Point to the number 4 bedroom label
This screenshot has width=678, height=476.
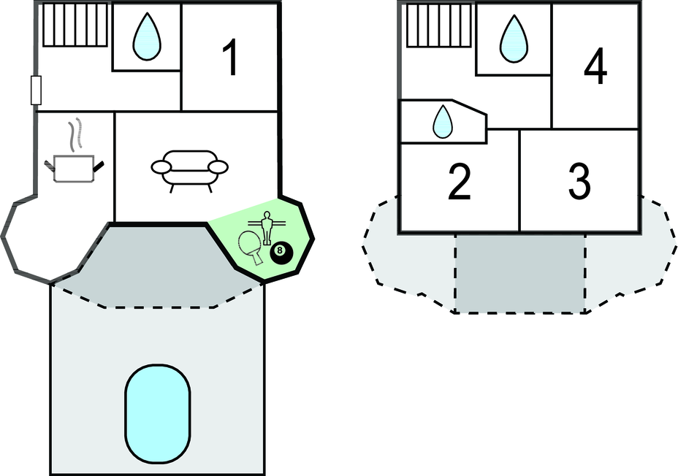click(595, 69)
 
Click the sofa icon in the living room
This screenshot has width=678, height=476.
click(189, 169)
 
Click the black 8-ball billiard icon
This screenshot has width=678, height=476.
click(281, 253)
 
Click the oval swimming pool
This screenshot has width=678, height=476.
click(157, 410)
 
